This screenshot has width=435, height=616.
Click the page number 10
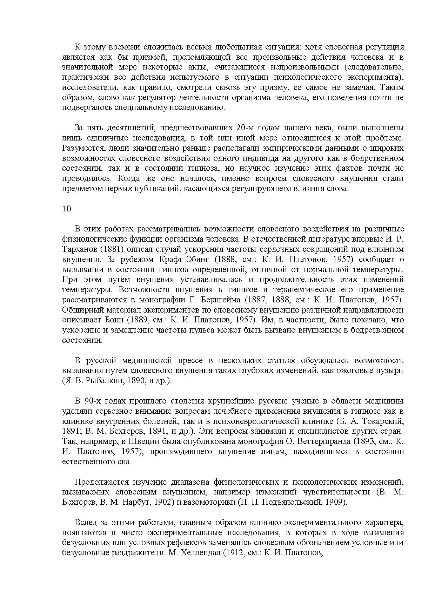click(67, 209)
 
